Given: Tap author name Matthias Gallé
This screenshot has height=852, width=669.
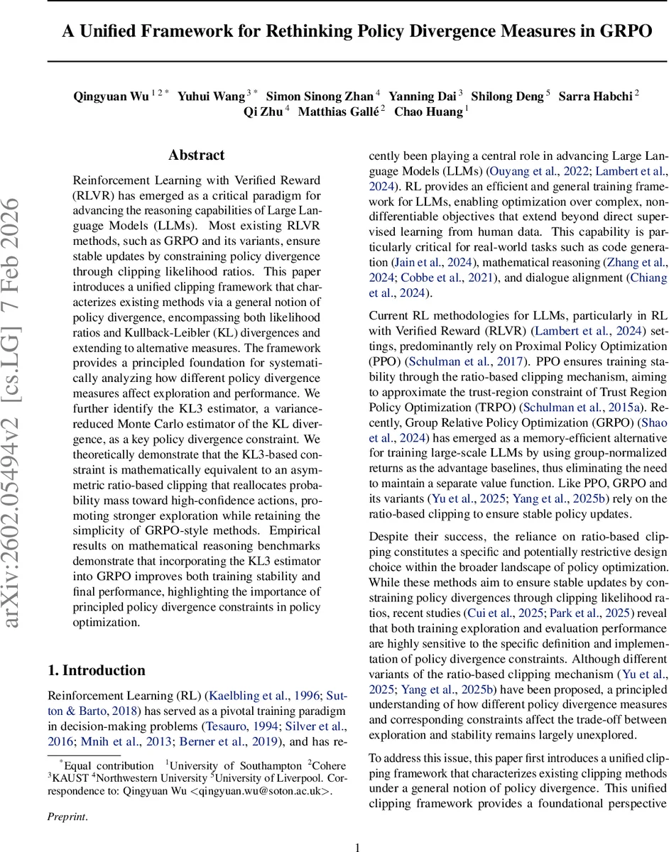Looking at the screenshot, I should click(x=338, y=111).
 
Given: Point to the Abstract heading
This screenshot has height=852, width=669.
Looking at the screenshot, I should click(x=196, y=155).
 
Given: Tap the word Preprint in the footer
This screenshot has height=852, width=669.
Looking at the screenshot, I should click(x=66, y=816).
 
